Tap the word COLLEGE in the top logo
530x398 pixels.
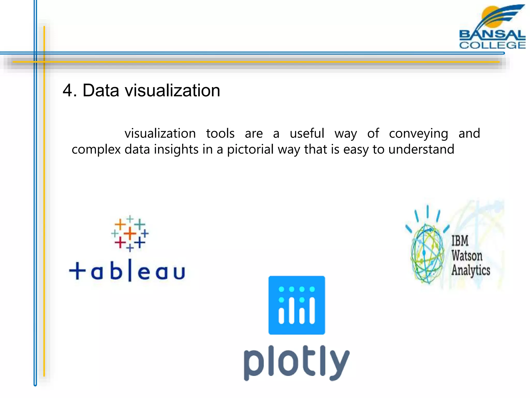pos(492,45)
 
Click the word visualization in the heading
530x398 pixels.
pos(172,91)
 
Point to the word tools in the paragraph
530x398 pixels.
pos(220,134)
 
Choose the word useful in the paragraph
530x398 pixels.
pos(307,134)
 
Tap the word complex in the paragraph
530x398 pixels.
pos(96,150)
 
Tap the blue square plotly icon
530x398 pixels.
pos(297,305)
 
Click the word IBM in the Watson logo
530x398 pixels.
pos(460,241)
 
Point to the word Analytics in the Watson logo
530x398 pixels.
pos(471,270)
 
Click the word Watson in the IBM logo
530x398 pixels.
pos(467,255)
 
